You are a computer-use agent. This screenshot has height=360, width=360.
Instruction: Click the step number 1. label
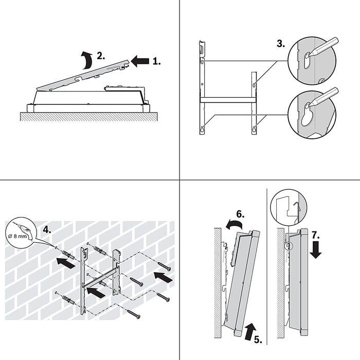coord(156,61)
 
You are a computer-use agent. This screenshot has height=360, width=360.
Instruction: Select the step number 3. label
coord(281,44)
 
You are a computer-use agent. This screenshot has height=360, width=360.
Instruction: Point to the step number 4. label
coord(47,230)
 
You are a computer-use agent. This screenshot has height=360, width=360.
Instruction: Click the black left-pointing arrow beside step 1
coord(139,61)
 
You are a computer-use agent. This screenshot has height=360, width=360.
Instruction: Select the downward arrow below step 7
coord(317,251)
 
